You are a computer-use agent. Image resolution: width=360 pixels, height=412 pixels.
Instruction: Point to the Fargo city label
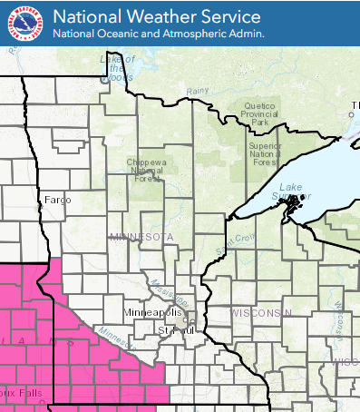56,198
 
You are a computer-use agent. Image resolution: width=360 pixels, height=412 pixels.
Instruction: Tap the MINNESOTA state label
141,237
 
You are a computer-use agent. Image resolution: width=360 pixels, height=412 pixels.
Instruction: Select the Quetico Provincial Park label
259,113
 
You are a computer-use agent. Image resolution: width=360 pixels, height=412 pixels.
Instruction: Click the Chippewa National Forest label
143,170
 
